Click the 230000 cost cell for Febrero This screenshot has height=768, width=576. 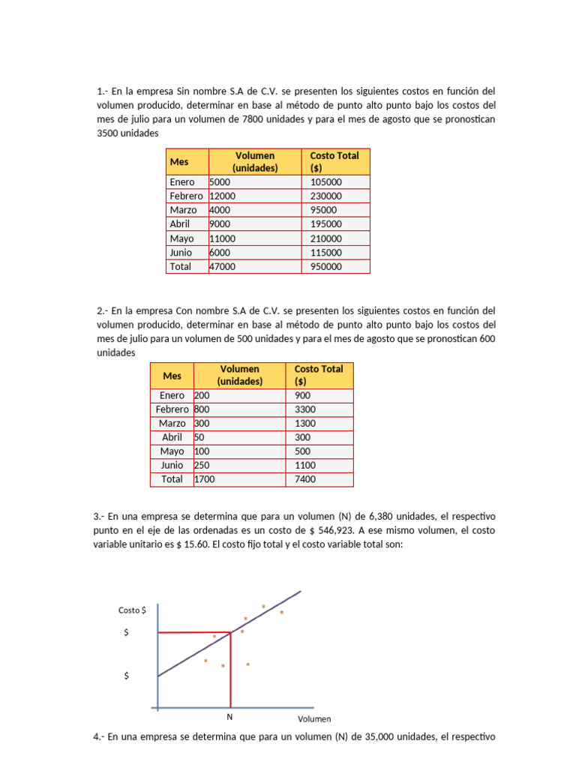click(x=326, y=196)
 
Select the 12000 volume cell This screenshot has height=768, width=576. click(x=223, y=196)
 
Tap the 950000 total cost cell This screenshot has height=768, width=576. click(x=326, y=266)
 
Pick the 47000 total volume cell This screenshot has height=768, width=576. click(x=222, y=266)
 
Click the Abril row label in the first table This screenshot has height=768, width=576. click(x=180, y=223)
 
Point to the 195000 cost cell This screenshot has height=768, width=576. click(x=326, y=223)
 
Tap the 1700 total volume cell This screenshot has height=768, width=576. click(x=203, y=479)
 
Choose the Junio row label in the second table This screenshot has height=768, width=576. click(x=172, y=465)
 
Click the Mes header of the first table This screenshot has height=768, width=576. click(x=179, y=162)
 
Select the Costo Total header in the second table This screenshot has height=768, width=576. click(x=319, y=375)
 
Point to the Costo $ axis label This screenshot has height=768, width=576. click(x=132, y=610)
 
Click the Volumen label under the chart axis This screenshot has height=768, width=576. click(x=314, y=718)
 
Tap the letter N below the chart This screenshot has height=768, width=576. click(x=229, y=716)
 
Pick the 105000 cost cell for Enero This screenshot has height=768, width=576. click(x=326, y=181)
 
